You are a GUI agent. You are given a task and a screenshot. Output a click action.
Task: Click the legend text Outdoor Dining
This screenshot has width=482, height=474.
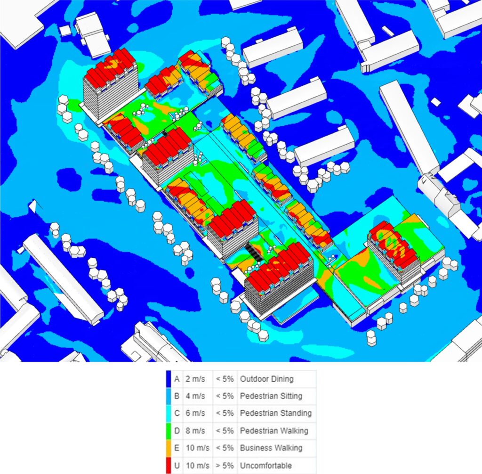click(266, 379)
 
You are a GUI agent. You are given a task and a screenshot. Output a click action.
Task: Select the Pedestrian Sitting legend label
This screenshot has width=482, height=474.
click(271, 396)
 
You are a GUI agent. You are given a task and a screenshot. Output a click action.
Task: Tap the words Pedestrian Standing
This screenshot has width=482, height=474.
click(275, 413)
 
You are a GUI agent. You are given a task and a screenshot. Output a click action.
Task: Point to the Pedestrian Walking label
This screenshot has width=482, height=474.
click(274, 431)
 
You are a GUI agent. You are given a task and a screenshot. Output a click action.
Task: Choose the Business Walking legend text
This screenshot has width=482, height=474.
click(271, 448)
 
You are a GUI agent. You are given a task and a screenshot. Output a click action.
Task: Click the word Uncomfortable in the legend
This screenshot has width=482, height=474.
click(265, 466)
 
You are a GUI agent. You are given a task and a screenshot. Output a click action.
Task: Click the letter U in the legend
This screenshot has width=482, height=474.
click(177, 466)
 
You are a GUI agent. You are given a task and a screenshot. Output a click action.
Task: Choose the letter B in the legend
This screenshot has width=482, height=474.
click(177, 396)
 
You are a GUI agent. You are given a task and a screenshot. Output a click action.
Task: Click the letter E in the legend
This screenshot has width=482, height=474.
click(177, 448)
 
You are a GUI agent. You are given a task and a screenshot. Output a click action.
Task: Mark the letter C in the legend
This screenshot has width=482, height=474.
click(177, 413)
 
